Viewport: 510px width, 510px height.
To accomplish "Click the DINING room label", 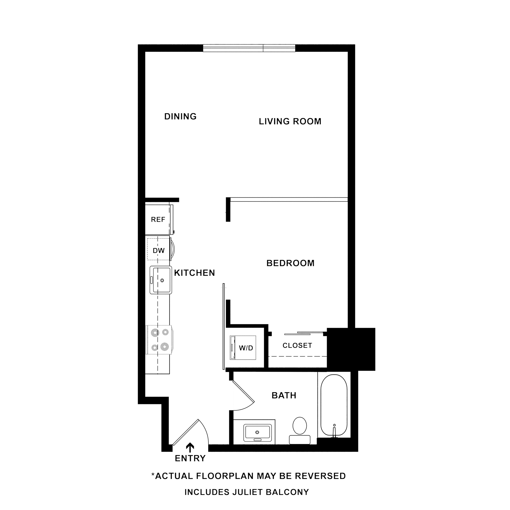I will pyautogui.click(x=180, y=116).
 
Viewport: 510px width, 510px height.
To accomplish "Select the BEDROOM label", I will pyautogui.click(x=290, y=263).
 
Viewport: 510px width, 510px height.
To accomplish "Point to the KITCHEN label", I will pyautogui.click(x=194, y=273).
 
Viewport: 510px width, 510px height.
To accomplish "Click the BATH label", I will pyautogui.click(x=284, y=395).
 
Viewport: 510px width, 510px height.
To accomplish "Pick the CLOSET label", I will pyautogui.click(x=297, y=346).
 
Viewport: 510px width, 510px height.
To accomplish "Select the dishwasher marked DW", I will pyautogui.click(x=159, y=251).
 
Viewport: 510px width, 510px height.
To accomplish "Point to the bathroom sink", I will pyautogui.click(x=257, y=432).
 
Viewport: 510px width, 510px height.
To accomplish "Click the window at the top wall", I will pyautogui.click(x=249, y=48).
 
